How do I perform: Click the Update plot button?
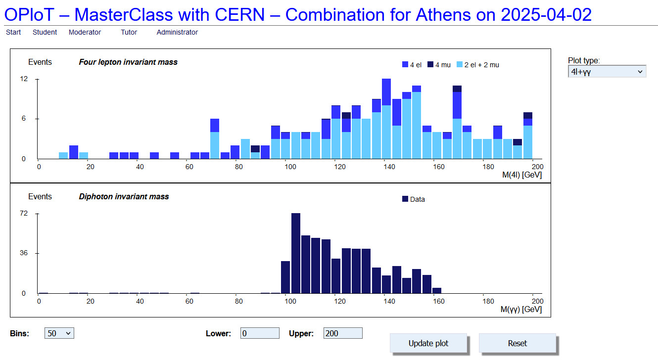point(428,343)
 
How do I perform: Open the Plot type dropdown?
point(607,72)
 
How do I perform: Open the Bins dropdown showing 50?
point(59,333)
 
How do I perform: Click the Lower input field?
point(260,333)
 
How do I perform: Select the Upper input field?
point(343,333)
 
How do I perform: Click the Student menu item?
point(45,32)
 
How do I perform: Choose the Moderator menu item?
point(85,32)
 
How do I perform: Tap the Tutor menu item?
point(129,32)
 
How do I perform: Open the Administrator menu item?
point(177,32)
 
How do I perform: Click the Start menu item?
point(13,32)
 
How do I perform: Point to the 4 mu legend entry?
point(439,65)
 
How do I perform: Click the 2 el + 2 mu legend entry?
point(478,65)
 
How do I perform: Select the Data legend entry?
point(414,199)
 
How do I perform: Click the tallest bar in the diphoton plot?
point(296,253)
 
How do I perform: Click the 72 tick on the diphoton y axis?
point(24,213)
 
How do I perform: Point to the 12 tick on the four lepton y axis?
point(24,79)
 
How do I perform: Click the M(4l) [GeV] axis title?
point(522,175)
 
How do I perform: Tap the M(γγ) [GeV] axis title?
point(521,309)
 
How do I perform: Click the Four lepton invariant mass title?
point(128,62)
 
